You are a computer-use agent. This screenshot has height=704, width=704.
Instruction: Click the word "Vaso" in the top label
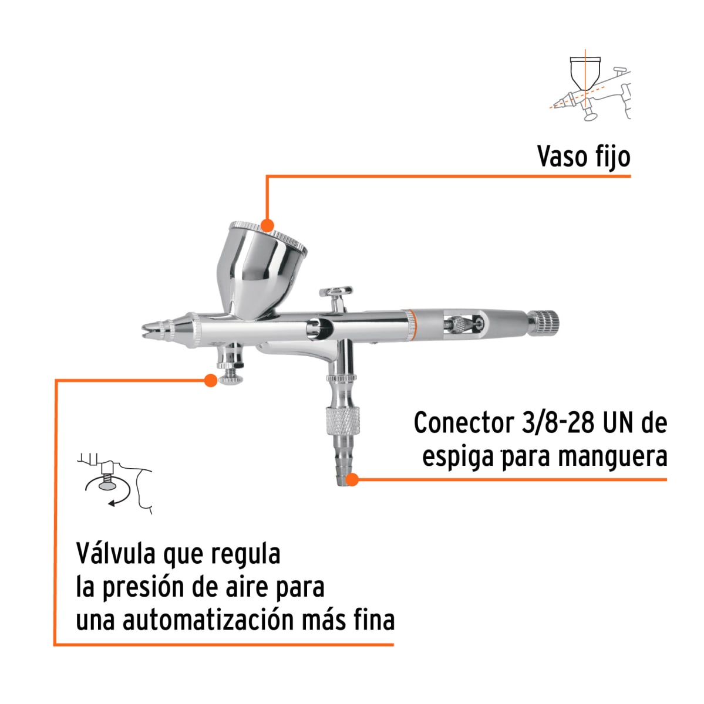(x=562, y=157)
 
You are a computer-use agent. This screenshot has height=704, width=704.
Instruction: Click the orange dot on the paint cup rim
(x=267, y=226)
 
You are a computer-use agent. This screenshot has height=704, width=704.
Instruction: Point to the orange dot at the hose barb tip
(x=352, y=480)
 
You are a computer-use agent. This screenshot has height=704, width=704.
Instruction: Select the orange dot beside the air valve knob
(x=210, y=380)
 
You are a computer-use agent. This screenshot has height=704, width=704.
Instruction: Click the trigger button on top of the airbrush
(x=336, y=292)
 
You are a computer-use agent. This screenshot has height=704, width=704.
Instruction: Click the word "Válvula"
(x=115, y=553)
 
